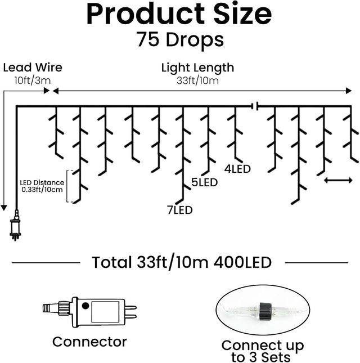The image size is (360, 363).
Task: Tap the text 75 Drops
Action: click(x=179, y=39)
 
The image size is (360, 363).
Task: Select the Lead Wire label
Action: click(x=33, y=68)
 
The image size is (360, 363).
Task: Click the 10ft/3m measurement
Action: click(x=33, y=80)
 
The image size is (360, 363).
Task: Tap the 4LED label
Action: click(x=237, y=168)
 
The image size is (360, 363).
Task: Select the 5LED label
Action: click(x=205, y=182)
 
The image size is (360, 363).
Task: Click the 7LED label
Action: click(x=179, y=210)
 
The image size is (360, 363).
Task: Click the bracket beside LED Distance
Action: click(x=69, y=186)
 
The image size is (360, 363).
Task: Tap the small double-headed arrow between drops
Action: click(x=339, y=180)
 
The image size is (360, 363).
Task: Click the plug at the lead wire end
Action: click(x=15, y=227)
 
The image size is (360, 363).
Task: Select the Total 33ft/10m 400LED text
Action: click(x=181, y=262)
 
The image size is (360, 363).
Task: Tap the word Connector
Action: click(x=89, y=342)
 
